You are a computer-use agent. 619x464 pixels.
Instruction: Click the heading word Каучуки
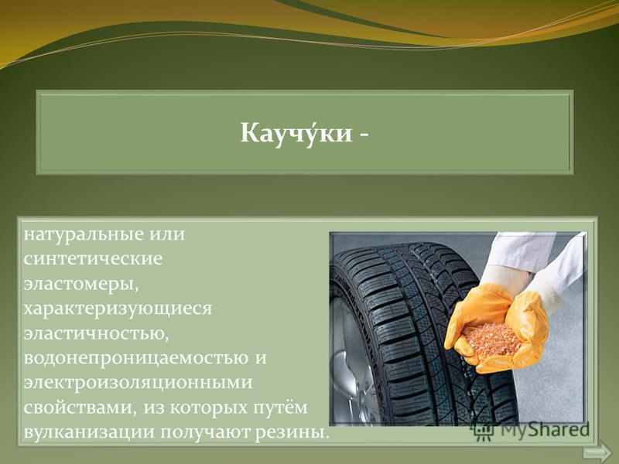[x=296, y=133]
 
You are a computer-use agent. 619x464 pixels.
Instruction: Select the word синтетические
[x=93, y=259]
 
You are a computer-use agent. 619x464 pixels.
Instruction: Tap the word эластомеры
[x=81, y=285]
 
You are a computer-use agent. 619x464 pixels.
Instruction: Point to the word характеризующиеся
[x=118, y=309]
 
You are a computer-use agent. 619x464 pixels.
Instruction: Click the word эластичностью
[x=96, y=334]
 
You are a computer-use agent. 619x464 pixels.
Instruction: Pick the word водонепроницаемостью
[x=133, y=358]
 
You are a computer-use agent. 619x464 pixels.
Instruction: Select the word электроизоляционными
[x=138, y=383]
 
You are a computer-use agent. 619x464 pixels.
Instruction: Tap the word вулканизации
[x=89, y=432]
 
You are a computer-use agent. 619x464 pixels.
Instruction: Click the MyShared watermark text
[x=545, y=430]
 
